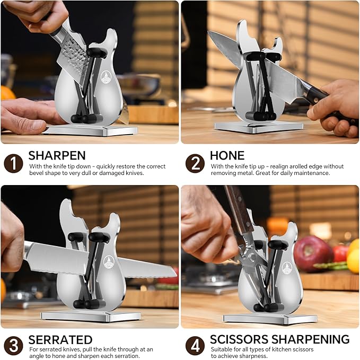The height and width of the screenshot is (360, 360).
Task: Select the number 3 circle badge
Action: tap(13, 346)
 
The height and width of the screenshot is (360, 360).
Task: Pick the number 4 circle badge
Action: tap(195, 346)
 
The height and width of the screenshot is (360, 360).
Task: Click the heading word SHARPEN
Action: tap(57, 155)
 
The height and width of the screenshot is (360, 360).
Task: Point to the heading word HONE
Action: tap(227, 155)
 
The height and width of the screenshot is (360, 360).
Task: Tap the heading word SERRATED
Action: tap(60, 339)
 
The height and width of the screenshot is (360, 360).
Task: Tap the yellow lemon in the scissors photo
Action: tap(353, 260)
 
